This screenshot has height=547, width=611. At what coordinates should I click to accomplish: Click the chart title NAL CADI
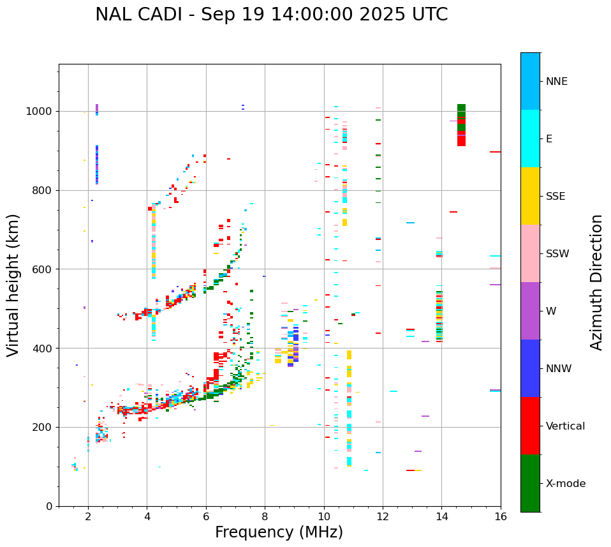click(x=271, y=15)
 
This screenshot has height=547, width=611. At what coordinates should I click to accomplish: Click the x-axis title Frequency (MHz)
click(x=279, y=532)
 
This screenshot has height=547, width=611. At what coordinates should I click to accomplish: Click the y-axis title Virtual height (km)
click(x=13, y=285)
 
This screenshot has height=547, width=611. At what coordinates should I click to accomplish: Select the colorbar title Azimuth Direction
click(x=596, y=282)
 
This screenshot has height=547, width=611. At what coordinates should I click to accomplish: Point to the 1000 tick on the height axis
click(x=41, y=111)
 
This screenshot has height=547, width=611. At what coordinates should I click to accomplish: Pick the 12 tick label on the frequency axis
click(x=383, y=516)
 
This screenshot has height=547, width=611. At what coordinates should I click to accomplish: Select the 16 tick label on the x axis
click(x=501, y=516)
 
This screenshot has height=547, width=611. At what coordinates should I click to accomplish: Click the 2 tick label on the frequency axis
click(x=88, y=516)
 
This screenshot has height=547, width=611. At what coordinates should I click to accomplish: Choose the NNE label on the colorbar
click(x=556, y=82)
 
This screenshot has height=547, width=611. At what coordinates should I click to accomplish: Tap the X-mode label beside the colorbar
click(x=566, y=484)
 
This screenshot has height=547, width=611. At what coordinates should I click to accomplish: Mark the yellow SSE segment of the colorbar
click(x=530, y=196)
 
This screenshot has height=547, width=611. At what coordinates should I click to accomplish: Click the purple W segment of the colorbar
click(x=530, y=311)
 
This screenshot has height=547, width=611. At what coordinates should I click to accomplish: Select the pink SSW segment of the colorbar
click(x=530, y=253)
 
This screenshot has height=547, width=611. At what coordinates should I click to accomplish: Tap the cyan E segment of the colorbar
click(x=530, y=139)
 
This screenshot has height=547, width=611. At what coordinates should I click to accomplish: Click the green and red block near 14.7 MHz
click(x=461, y=124)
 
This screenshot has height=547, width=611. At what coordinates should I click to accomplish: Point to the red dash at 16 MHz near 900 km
click(x=495, y=152)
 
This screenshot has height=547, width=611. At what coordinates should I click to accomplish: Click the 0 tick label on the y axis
click(x=50, y=506)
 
